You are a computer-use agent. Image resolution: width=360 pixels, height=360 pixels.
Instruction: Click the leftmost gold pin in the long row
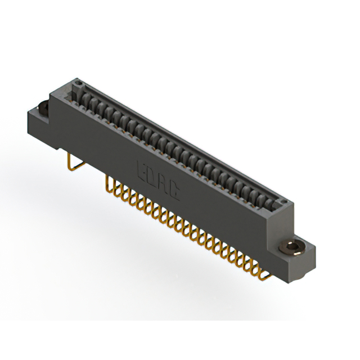point(110,186)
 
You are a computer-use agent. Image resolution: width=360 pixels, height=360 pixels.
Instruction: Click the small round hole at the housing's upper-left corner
point(78,84)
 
